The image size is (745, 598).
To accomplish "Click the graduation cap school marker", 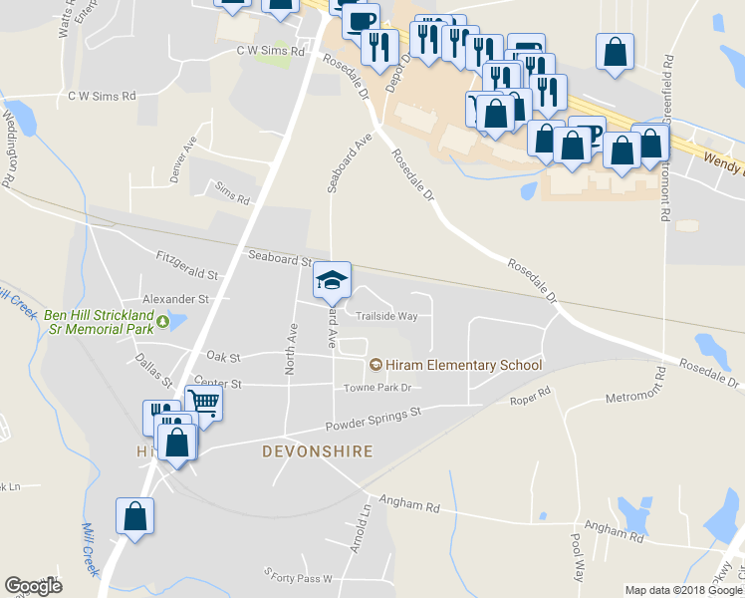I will [x=333, y=279].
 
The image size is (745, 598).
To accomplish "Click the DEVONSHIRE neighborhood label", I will [x=317, y=451].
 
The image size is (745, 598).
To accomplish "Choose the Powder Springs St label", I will [x=373, y=419].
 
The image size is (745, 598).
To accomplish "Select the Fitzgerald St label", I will [x=186, y=264].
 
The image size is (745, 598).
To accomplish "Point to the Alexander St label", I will [x=175, y=298].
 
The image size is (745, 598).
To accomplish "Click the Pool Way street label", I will [x=577, y=555].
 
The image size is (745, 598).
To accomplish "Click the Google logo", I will [x=33, y=586].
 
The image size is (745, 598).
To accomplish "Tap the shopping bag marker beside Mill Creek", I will [x=134, y=516].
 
